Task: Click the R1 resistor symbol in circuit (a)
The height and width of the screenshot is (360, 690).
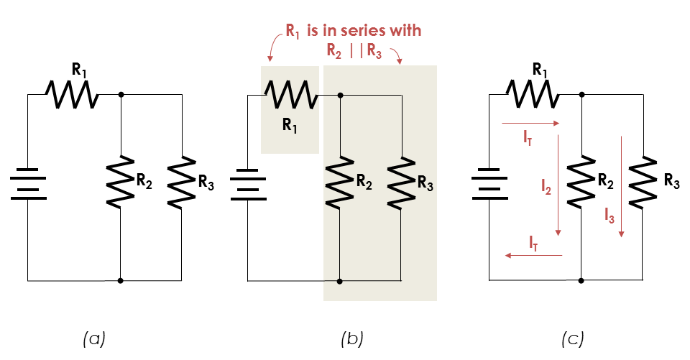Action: pyautogui.click(x=72, y=93)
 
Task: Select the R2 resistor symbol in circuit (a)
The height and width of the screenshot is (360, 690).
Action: pyautogui.click(x=120, y=180)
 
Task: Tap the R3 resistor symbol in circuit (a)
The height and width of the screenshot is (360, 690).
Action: pyautogui.click(x=180, y=180)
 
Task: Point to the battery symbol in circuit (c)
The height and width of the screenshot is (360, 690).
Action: pyautogui.click(x=489, y=183)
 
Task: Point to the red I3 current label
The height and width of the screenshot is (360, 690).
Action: pyautogui.click(x=609, y=213)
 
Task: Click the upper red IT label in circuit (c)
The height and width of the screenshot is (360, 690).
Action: pyautogui.click(x=528, y=136)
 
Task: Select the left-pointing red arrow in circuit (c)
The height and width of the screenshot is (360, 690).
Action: pyautogui.click(x=532, y=255)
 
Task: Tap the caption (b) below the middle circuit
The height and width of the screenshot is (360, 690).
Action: pyautogui.click(x=352, y=336)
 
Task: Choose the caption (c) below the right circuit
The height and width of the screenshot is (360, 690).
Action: pyautogui.click(x=573, y=336)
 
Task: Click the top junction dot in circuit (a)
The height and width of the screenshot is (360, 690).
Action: pyautogui.click(x=120, y=94)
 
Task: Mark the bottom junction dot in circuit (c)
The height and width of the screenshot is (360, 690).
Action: pyautogui.click(x=581, y=280)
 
